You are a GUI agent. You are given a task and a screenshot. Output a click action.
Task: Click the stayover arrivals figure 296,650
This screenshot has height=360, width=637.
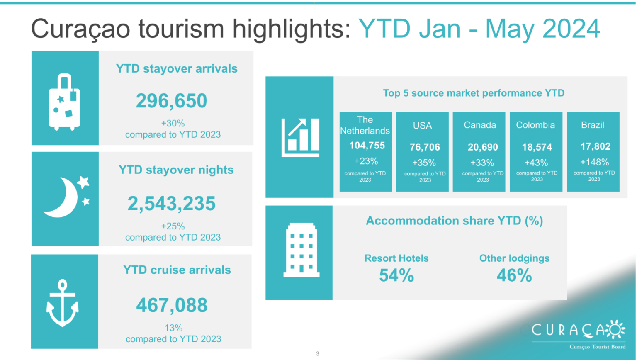click(171, 101)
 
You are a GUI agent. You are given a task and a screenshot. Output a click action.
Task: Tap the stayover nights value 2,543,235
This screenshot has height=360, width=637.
click(171, 204)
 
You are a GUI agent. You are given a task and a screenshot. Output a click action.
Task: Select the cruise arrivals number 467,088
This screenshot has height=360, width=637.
click(172, 305)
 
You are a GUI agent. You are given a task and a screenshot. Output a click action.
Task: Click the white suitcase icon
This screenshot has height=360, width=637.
click(64, 102)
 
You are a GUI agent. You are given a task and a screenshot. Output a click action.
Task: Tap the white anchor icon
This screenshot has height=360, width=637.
click(63, 303)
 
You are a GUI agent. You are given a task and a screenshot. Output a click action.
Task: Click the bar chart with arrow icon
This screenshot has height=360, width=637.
click(300, 138)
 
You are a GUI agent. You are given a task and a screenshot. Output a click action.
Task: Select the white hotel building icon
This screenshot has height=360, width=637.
click(301, 250)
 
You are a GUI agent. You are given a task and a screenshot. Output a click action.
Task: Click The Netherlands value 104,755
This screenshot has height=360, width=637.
click(367, 146)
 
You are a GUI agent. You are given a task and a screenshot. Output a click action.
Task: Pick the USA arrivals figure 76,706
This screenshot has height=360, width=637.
click(425, 147)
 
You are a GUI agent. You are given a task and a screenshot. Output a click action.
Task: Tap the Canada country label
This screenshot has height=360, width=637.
click(480, 125)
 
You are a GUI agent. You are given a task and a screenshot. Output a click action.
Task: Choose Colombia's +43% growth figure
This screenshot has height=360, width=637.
click(536, 163)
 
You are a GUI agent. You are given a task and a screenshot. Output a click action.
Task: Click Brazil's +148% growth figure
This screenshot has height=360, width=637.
click(594, 162)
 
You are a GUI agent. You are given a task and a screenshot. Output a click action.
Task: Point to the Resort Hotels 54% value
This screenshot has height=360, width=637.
click(396, 275)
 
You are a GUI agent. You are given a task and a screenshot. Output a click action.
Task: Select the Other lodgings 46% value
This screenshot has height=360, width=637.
click(514, 275)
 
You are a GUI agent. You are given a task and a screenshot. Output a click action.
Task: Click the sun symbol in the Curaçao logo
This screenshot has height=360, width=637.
click(615, 330)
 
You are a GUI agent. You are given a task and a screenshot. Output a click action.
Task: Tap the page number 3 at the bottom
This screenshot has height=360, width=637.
click(318, 354)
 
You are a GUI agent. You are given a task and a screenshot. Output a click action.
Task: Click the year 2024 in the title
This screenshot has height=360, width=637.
click(571, 29)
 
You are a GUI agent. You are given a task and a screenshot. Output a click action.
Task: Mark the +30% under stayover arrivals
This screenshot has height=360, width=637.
click(173, 124)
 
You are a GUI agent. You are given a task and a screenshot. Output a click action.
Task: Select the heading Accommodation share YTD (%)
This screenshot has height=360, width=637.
click(454, 221)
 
